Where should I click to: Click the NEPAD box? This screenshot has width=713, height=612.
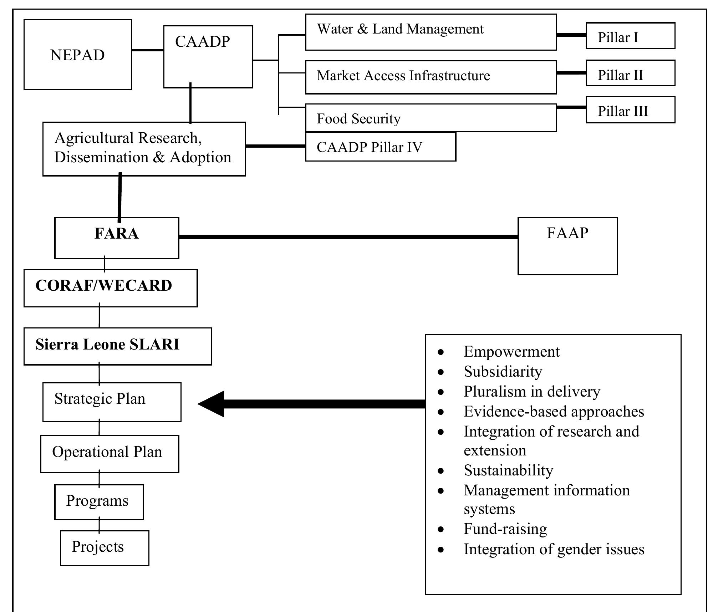pyautogui.click(x=77, y=55)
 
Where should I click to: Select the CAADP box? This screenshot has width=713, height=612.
pyautogui.click(x=208, y=56)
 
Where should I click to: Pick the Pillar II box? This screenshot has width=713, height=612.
pyautogui.click(x=630, y=73)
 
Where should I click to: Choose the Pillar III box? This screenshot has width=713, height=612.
pyautogui.click(x=630, y=110)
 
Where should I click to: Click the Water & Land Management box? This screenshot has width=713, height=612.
pyautogui.click(x=431, y=32)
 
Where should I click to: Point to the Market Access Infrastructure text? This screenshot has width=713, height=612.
pyautogui.click(x=403, y=76)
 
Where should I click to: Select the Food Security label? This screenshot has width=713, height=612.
pyautogui.click(x=358, y=119)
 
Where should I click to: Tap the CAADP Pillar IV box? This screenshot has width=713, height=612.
pyautogui.click(x=380, y=147)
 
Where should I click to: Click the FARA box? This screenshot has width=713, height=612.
pyautogui.click(x=116, y=238)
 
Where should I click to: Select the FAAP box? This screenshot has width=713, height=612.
pyautogui.click(x=567, y=246)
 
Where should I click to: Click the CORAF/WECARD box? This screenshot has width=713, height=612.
pyautogui.click(x=110, y=288)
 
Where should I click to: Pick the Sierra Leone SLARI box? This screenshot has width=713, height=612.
pyautogui.click(x=117, y=346)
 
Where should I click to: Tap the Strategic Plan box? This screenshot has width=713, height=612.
pyautogui.click(x=112, y=402)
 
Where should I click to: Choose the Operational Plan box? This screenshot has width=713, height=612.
pyautogui.click(x=110, y=454)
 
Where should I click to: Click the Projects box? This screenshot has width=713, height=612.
pyautogui.click(x=104, y=548)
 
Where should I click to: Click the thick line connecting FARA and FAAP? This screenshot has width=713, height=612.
pyautogui.click(x=348, y=237)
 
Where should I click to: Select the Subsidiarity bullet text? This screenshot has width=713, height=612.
pyautogui.click(x=503, y=372)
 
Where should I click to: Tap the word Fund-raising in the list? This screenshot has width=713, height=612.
pyautogui.click(x=505, y=529)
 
